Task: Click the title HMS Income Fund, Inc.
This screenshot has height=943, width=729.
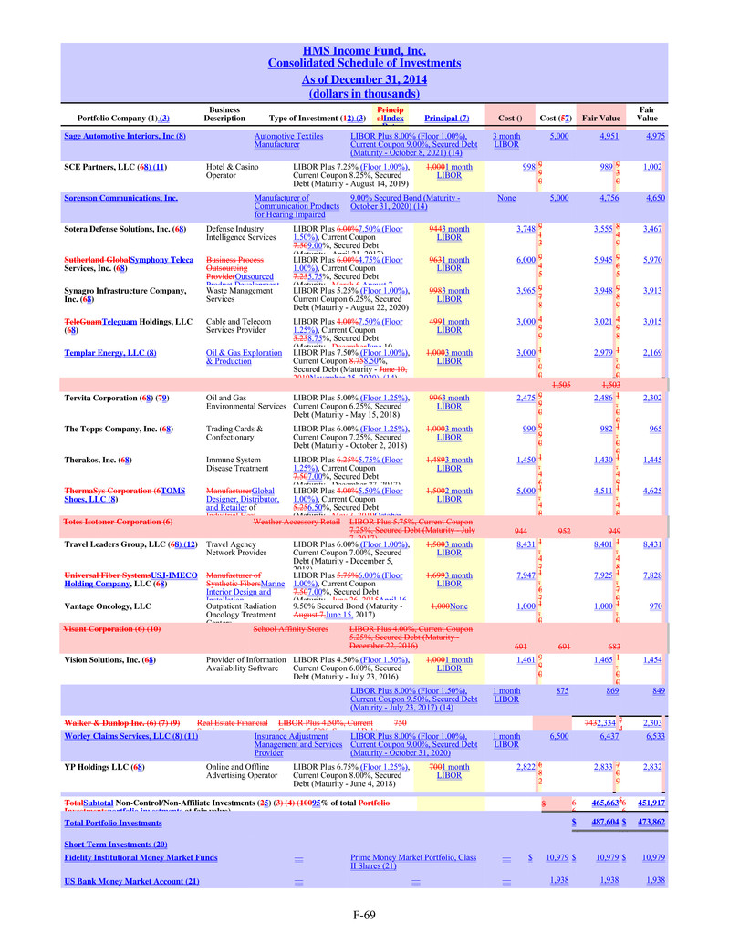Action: [x=364, y=50]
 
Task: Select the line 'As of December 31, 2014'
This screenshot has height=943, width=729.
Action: [x=364, y=79]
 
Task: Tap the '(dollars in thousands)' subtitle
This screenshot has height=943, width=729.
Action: [x=364, y=93]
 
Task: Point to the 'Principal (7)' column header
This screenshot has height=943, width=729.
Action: [x=447, y=118]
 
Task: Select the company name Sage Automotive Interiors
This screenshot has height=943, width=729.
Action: [x=125, y=136]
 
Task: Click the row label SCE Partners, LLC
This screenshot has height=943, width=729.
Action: [x=114, y=168]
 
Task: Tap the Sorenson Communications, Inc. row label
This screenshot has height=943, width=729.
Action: [x=120, y=197]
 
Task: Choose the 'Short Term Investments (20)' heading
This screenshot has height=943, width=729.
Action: [x=116, y=844]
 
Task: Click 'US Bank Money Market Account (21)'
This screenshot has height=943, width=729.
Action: [x=131, y=880]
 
